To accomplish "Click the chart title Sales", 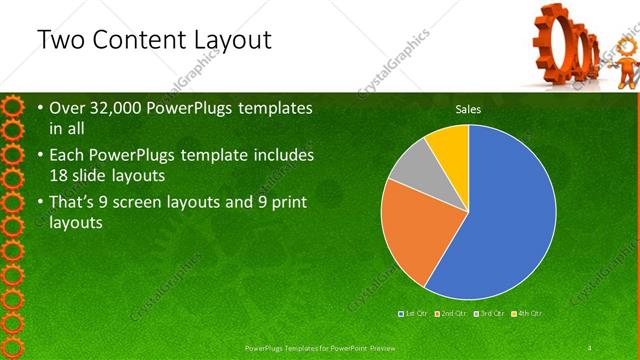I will (x=467, y=108).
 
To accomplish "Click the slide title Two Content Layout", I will (x=152, y=40).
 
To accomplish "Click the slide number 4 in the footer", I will (x=590, y=348).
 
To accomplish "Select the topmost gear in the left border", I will (x=12, y=105).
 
